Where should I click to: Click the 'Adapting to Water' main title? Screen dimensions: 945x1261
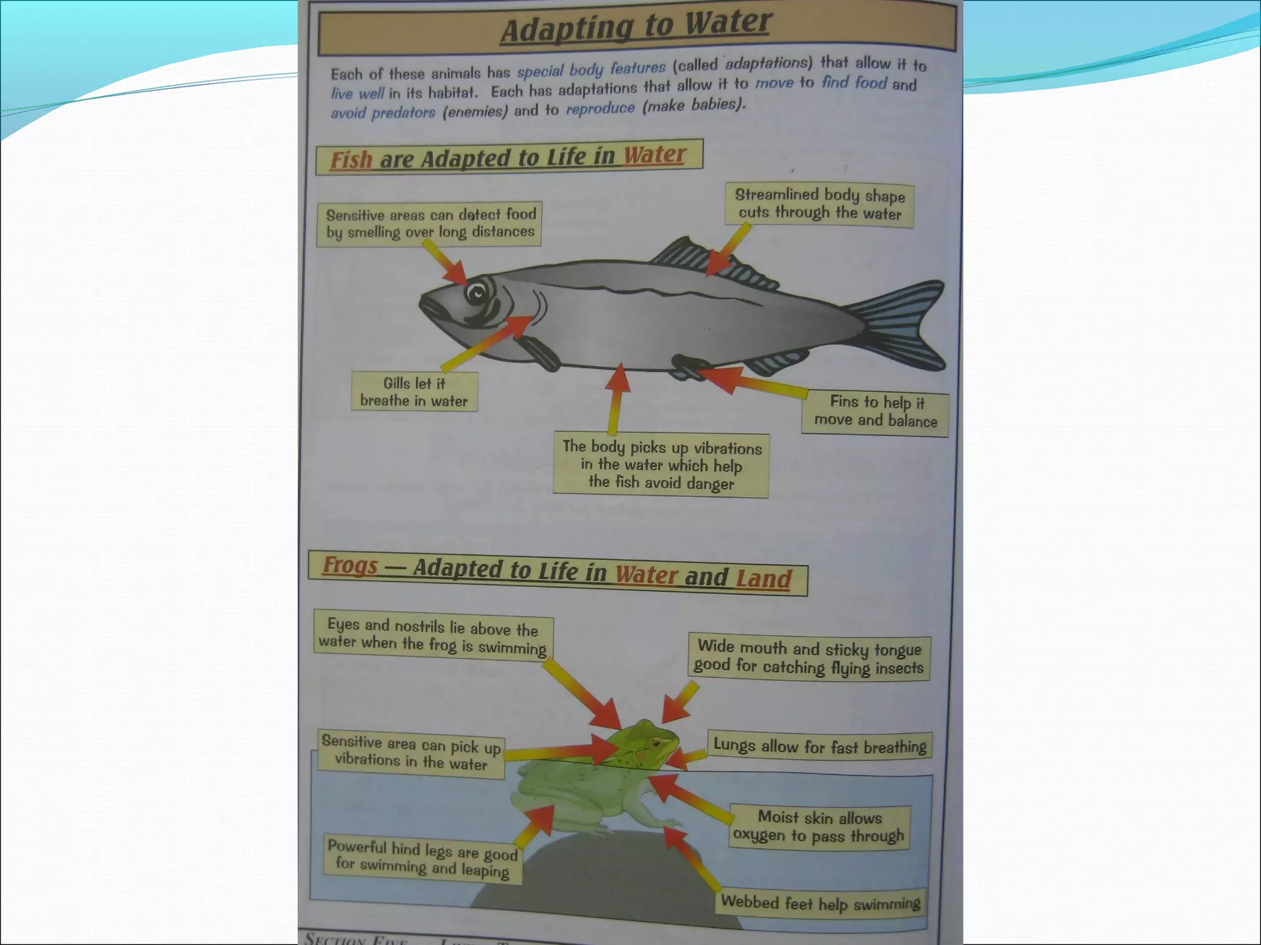pyautogui.click(x=635, y=28)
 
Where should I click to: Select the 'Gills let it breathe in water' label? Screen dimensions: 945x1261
pyautogui.click(x=414, y=392)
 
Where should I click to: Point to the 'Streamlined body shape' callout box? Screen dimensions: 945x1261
pyautogui.click(x=820, y=205)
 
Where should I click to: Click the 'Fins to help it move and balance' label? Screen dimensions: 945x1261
pyautogui.click(x=875, y=412)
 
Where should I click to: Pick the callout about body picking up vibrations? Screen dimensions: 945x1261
pyautogui.click(x=661, y=465)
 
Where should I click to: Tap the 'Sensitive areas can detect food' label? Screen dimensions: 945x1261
pyautogui.click(x=430, y=223)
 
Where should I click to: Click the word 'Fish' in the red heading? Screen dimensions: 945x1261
pyautogui.click(x=351, y=160)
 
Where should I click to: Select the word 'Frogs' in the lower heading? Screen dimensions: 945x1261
pyautogui.click(x=350, y=565)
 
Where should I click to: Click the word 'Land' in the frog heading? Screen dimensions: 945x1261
pyautogui.click(x=763, y=579)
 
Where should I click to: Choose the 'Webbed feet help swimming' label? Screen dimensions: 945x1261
pyautogui.click(x=820, y=903)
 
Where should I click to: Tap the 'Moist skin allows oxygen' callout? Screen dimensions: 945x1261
pyautogui.click(x=819, y=826)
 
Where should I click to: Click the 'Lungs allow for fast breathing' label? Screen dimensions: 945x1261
pyautogui.click(x=820, y=746)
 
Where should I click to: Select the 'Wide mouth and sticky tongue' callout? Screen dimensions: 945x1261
pyautogui.click(x=809, y=658)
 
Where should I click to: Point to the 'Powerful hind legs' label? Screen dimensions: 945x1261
pyautogui.click(x=422, y=858)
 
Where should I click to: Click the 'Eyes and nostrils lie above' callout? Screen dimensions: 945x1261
pyautogui.click(x=433, y=637)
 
